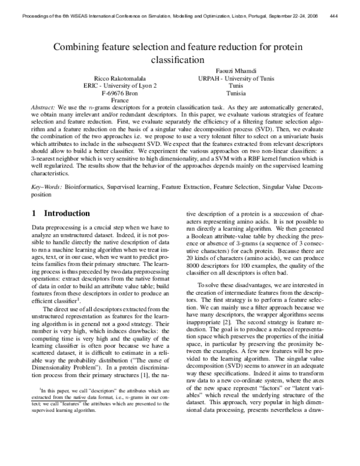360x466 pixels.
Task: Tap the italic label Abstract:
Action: pos(43,106)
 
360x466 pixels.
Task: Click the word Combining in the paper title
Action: pos(79,47)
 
